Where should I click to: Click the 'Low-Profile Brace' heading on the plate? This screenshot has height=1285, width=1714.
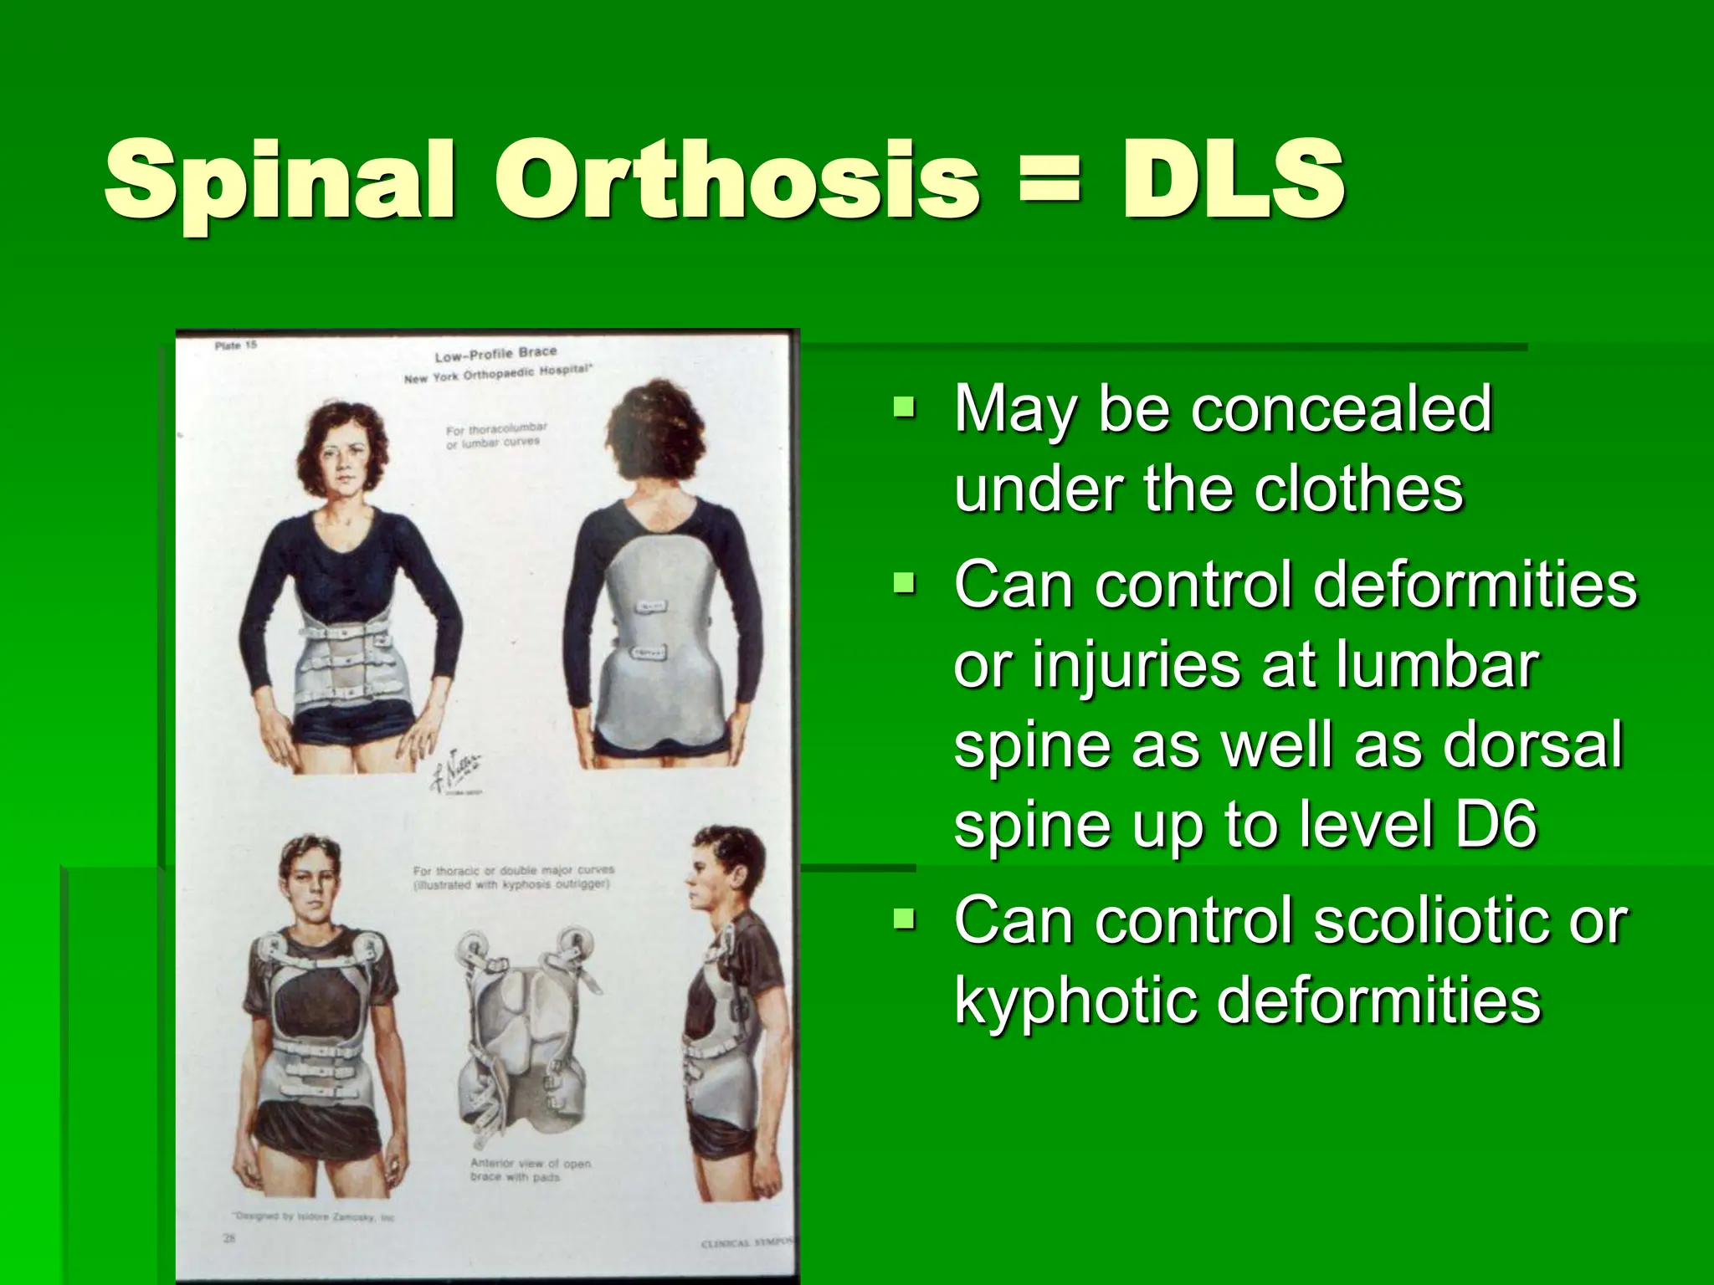495,352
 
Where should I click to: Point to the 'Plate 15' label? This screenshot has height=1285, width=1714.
236,346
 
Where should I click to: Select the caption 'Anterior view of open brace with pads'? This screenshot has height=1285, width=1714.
530,1170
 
